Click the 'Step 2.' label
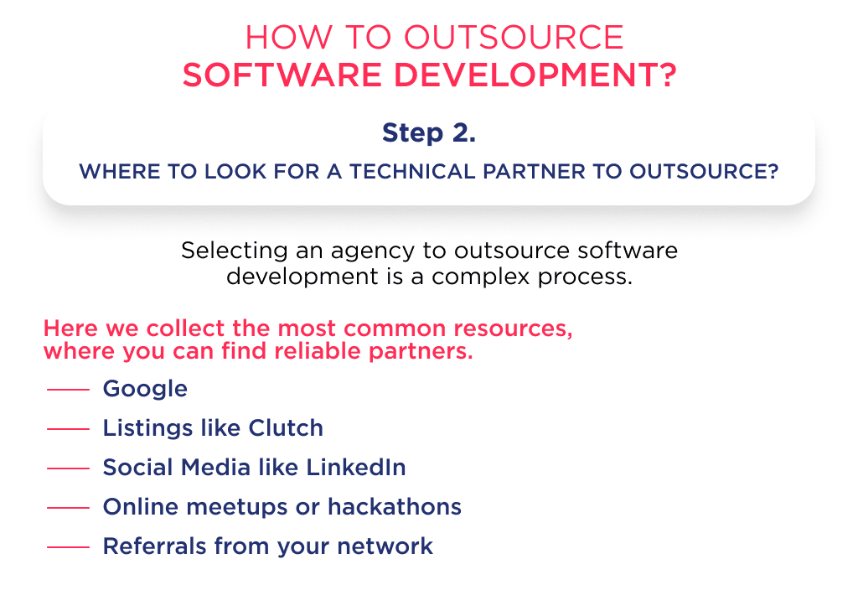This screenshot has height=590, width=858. click(428, 132)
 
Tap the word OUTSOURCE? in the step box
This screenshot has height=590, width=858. click(705, 172)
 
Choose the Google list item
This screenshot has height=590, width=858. click(145, 389)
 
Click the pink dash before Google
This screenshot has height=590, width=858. click(68, 390)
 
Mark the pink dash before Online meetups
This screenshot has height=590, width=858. click(68, 508)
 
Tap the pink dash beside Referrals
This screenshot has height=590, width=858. click(68, 547)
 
